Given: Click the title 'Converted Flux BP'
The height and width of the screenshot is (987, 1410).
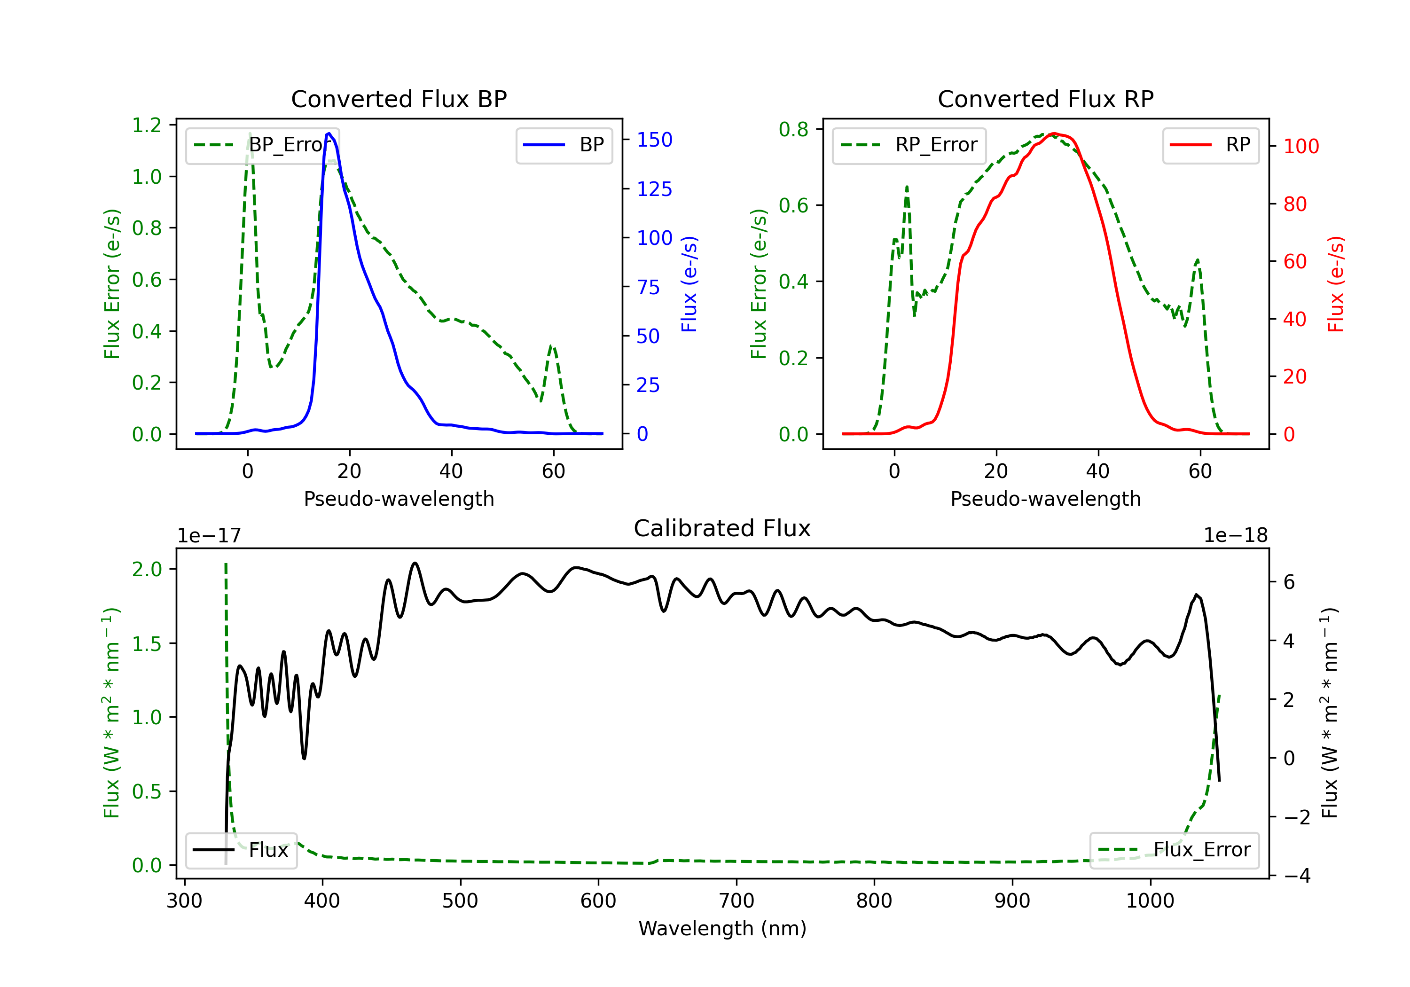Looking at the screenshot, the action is pos(399,99).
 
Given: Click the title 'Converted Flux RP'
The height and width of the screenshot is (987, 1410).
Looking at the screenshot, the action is pos(1046,99).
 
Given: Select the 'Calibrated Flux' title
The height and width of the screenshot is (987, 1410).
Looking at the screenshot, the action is pos(722,528).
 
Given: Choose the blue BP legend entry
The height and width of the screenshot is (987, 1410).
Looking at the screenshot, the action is pos(564,145).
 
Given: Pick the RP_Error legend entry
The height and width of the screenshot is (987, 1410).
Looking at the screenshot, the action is pos(909,145).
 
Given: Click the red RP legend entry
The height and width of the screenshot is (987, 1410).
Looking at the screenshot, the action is pos(1210,145).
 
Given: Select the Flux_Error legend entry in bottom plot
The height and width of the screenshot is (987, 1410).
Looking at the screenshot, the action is pos(1174,850).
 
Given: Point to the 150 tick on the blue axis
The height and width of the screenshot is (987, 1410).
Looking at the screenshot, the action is pos(655,140).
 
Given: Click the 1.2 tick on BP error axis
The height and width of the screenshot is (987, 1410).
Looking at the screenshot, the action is pos(147,125).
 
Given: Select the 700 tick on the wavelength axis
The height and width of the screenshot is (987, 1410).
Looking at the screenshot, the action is pos(736,901).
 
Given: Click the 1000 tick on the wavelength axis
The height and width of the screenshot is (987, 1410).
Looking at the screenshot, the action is pos(1150,901).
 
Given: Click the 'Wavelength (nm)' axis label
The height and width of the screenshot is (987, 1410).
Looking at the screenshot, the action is pos(722,929).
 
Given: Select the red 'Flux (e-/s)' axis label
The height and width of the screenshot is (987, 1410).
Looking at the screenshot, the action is pos(1336,284).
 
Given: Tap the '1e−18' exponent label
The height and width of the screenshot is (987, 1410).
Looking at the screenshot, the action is pos(1236,536).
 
